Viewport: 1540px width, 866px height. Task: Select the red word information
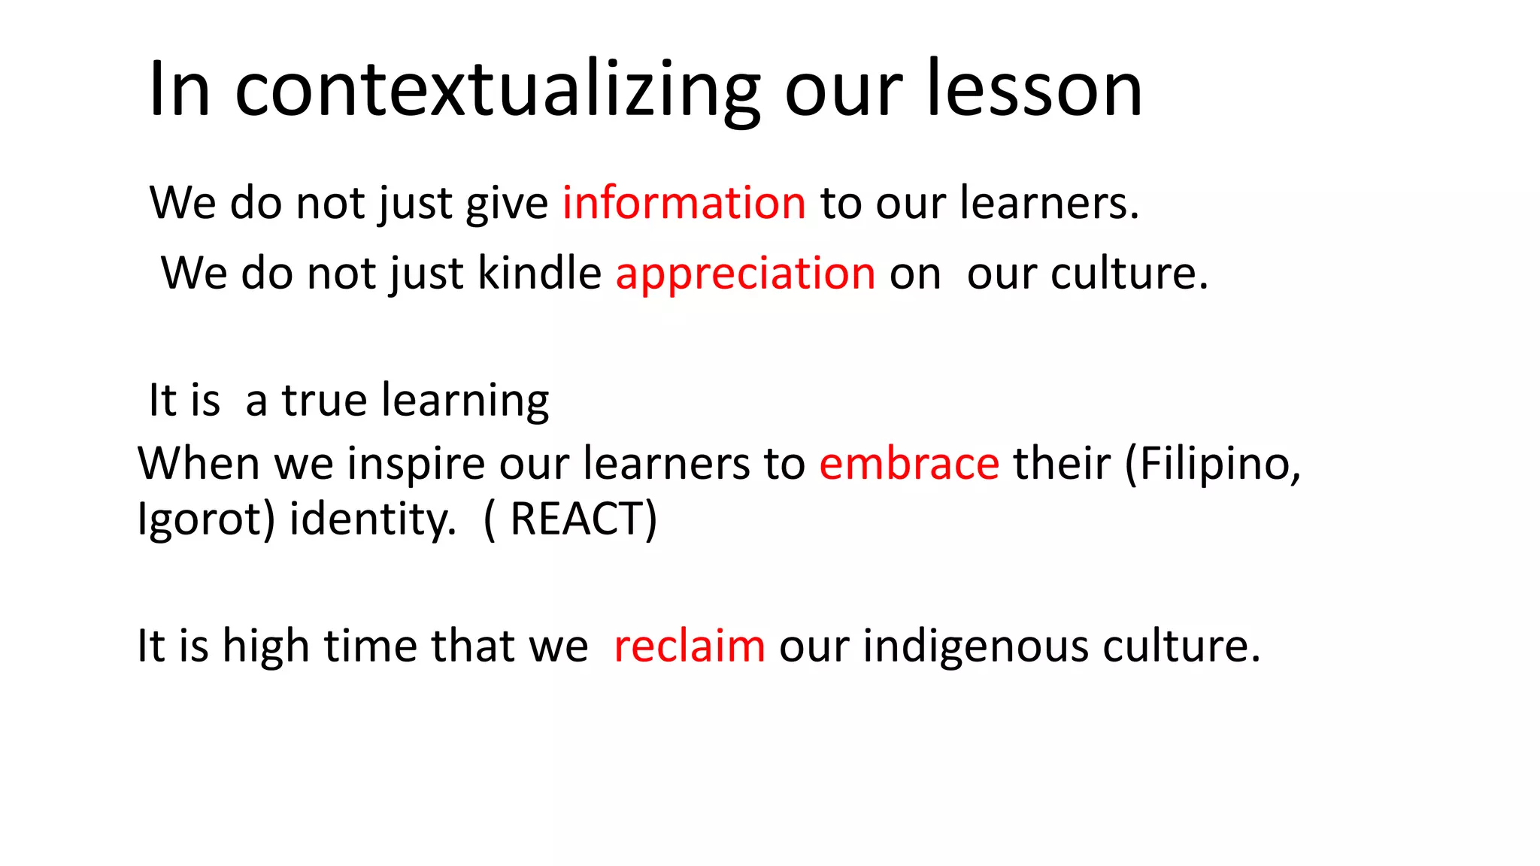tap(684, 203)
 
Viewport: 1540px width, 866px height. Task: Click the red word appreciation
tap(745, 273)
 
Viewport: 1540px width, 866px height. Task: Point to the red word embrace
tap(909, 463)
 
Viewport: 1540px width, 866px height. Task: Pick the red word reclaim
tap(690, 646)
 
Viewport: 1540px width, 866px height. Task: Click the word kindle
tap(539, 273)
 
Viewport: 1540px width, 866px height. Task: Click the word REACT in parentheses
tap(574, 519)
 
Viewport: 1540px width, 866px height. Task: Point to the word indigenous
tap(975, 646)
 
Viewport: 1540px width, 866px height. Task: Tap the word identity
tap(372, 519)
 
